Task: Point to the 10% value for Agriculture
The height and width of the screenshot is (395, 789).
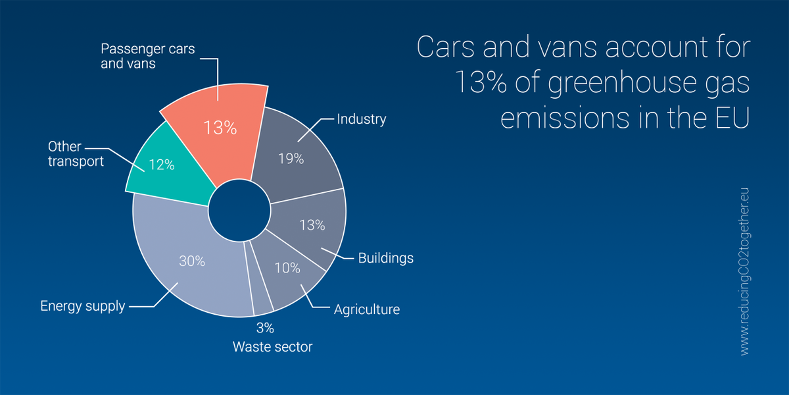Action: point(287,268)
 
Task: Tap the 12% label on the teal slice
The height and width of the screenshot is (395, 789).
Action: point(161,165)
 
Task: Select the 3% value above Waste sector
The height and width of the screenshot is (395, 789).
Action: point(265,328)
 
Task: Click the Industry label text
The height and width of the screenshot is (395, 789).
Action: point(361,119)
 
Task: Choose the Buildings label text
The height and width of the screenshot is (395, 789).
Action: point(385,257)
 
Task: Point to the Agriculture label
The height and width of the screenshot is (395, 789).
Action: point(366,309)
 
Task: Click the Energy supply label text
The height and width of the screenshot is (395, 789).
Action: point(82,306)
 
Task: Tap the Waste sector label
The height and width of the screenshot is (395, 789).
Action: point(272,346)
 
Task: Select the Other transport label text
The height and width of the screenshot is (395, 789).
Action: point(75,153)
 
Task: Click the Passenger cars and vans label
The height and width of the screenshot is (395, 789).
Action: point(147,57)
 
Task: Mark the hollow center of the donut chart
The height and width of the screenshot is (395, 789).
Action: point(239,213)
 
